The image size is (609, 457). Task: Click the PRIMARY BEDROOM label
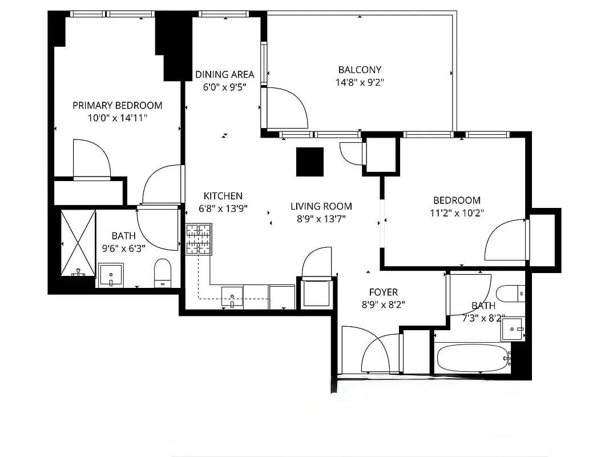tap(117, 105)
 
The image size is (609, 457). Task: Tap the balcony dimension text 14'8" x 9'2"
tap(360, 82)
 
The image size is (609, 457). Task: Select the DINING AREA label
tap(224, 74)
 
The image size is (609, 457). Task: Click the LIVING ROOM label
tap(321, 206)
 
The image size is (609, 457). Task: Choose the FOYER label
tap(383, 292)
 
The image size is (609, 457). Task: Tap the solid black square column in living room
tap(310, 162)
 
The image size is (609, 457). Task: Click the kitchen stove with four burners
tap(198, 239)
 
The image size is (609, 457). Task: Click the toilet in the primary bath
tap(163, 272)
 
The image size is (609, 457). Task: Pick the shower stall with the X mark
tap(78, 243)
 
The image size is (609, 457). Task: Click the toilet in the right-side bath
tap(509, 294)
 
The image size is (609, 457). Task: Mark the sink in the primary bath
tap(111, 275)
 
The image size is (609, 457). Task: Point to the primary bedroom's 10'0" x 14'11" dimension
tap(117, 118)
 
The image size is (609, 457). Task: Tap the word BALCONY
tap(360, 70)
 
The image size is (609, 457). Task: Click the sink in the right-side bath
tap(512, 329)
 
